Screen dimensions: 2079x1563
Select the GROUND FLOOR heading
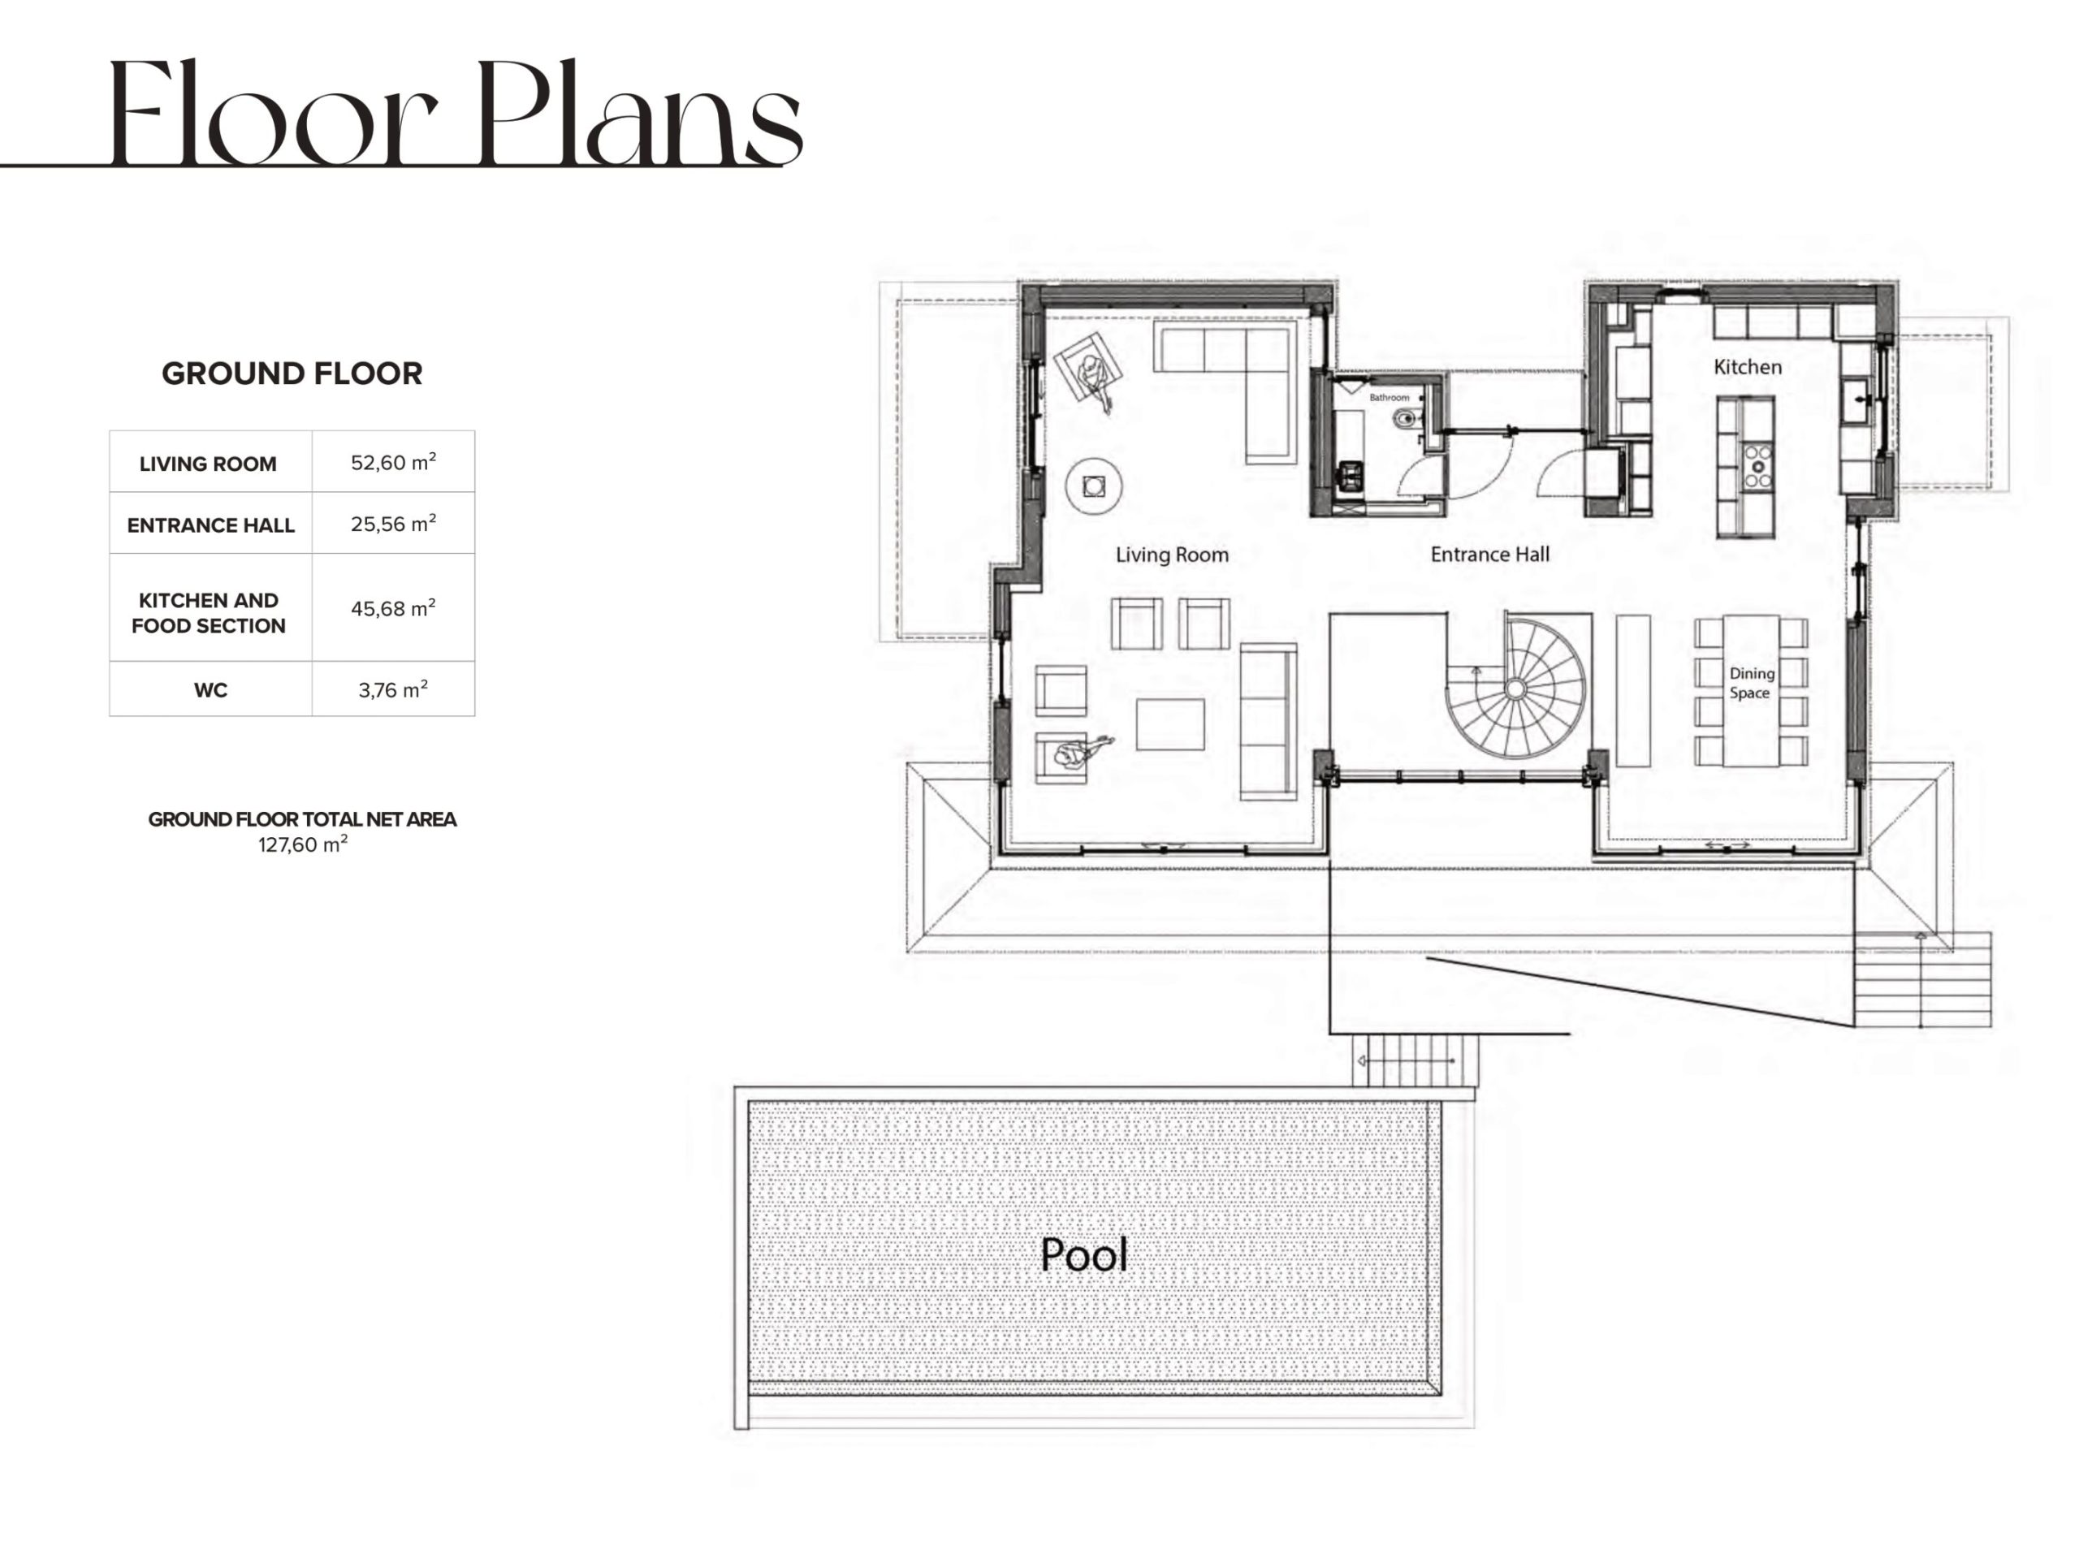292,373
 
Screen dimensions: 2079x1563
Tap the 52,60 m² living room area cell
393,461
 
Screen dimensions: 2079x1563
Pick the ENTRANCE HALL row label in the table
210,525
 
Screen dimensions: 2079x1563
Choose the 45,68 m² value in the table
393,608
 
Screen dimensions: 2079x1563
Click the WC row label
210,691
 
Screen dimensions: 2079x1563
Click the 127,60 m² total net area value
303,844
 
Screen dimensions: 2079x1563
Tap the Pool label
1083,1254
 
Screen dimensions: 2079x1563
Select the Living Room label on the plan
1172,555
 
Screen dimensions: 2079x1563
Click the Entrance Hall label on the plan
1489,555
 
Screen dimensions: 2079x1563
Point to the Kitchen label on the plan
1747,366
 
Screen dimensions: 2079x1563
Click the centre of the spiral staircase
1514,689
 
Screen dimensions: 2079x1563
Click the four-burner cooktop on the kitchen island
1757,466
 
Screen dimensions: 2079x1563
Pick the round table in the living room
1093,486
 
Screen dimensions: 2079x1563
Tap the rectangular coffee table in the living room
1170,723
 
